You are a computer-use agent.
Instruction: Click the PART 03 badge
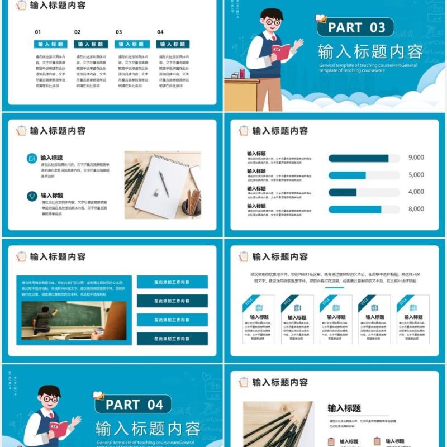pyautogui.click(x=356, y=27)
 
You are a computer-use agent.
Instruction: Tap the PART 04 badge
pyautogui.click(x=134, y=404)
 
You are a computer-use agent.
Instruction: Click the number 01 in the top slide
pyautogui.click(x=38, y=32)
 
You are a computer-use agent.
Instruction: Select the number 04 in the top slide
pyautogui.click(x=160, y=32)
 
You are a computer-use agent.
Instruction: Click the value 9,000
pyautogui.click(x=416, y=158)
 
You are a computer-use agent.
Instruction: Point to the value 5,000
pyautogui.click(x=416, y=175)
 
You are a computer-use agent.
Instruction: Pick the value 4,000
pyautogui.click(x=416, y=192)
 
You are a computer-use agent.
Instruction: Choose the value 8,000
pyautogui.click(x=416, y=210)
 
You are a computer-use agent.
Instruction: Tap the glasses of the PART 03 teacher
pyautogui.click(x=273, y=22)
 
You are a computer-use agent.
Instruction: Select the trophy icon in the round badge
pyautogui.click(x=32, y=196)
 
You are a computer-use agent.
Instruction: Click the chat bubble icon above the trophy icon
pyautogui.click(x=32, y=159)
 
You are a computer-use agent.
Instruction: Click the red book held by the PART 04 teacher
pyautogui.click(x=58, y=429)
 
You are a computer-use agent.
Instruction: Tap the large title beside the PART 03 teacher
pyautogui.click(x=370, y=52)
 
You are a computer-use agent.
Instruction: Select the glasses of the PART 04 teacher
pyautogui.click(x=51, y=400)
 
